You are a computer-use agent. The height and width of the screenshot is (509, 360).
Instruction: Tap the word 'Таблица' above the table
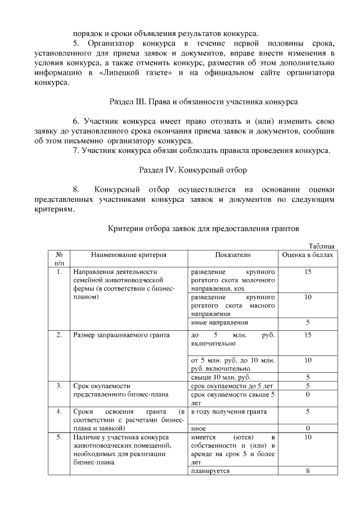point(323,245)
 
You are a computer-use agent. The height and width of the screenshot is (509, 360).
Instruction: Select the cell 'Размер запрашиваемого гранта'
point(121,335)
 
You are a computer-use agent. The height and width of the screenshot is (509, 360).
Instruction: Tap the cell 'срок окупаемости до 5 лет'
point(232,386)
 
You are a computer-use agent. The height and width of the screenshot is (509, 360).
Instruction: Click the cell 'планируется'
point(210,471)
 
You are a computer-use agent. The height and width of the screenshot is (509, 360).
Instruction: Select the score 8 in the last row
point(308,471)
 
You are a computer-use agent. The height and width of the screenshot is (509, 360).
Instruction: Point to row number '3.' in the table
point(59,386)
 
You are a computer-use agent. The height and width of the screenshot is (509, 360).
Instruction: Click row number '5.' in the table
point(59,437)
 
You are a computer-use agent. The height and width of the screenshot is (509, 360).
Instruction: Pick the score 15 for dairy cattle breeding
point(308,272)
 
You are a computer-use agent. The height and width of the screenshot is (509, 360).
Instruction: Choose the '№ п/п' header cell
point(59,259)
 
